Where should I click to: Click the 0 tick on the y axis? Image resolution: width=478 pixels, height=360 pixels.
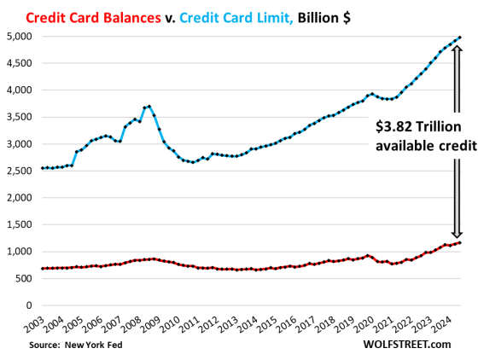[27, 305]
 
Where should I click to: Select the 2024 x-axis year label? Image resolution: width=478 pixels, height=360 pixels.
[447, 325]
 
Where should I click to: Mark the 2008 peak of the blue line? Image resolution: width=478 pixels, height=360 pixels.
[149, 107]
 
